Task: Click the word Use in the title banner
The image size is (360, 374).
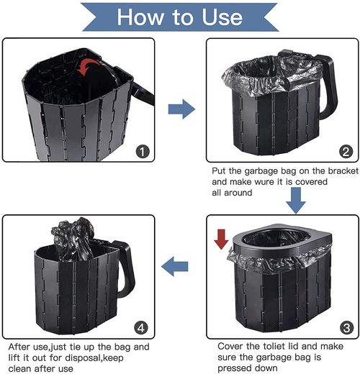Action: (222, 17)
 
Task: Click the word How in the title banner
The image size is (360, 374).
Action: (140, 17)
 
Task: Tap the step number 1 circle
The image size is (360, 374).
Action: (143, 152)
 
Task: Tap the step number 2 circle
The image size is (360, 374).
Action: (346, 152)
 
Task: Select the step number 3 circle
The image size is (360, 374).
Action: (346, 328)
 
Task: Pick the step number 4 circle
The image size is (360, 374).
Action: (141, 328)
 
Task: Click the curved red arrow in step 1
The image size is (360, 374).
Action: (88, 66)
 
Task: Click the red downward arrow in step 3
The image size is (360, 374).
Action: (221, 239)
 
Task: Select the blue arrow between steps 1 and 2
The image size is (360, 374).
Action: (181, 109)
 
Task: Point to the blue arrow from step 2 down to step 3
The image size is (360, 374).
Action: (296, 200)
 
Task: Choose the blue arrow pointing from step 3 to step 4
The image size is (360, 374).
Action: (175, 266)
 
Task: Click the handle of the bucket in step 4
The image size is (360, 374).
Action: (126, 268)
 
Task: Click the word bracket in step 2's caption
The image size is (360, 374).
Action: (343, 171)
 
